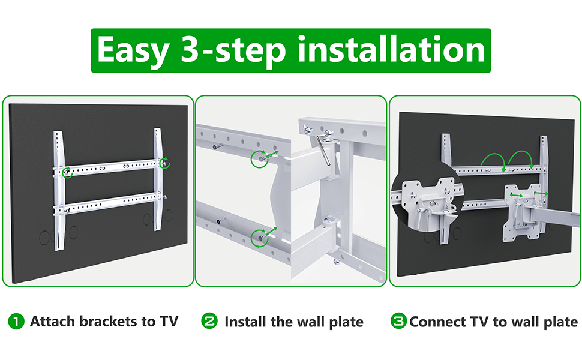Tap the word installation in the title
pyautogui.click(x=391, y=49)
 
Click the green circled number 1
pyautogui.click(x=16, y=322)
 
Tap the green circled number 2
pyautogui.click(x=209, y=321)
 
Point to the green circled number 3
pyautogui.click(x=398, y=321)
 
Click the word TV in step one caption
pyautogui.click(x=169, y=321)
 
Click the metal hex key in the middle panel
pyautogui.click(x=323, y=150)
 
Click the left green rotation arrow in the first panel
pyautogui.click(x=67, y=173)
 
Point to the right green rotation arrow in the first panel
pyautogui.click(x=164, y=163)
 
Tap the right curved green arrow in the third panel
pyautogui.click(x=521, y=153)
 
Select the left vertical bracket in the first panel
pyautogui.click(x=59, y=191)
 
